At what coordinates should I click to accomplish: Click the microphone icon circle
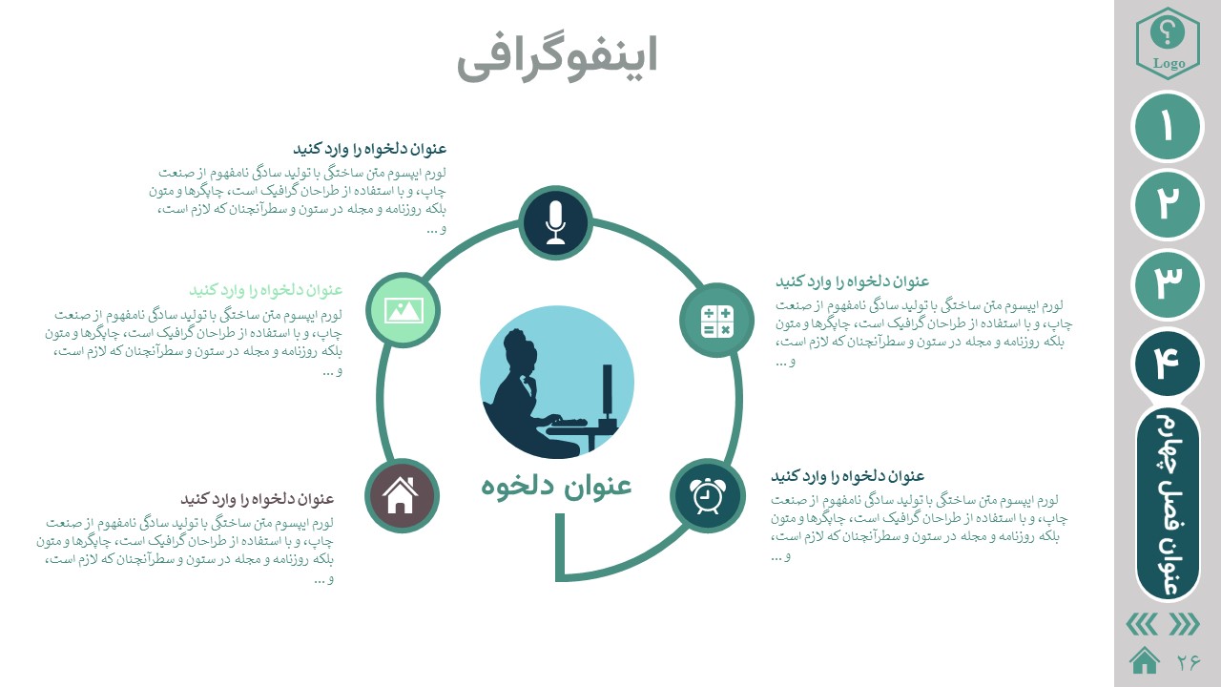click(x=555, y=223)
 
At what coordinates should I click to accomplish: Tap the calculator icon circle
click(x=716, y=321)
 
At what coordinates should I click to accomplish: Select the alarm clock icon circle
click(x=708, y=495)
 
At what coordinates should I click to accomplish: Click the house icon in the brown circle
click(x=400, y=495)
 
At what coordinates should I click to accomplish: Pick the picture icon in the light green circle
click(x=404, y=310)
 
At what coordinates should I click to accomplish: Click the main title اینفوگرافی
click(x=557, y=58)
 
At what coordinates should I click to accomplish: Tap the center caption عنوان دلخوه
click(x=556, y=485)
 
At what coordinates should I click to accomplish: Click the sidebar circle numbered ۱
click(x=1167, y=127)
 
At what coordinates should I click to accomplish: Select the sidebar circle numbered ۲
click(x=1167, y=204)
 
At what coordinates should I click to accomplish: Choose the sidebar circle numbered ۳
click(x=1167, y=284)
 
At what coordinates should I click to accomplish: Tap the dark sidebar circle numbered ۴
click(x=1167, y=364)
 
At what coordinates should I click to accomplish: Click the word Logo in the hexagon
click(x=1169, y=64)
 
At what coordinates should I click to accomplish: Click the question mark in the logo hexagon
click(x=1167, y=33)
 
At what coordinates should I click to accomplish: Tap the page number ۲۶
click(x=1189, y=662)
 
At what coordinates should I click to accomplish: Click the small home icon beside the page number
click(x=1145, y=661)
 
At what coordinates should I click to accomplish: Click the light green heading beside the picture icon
click(x=266, y=289)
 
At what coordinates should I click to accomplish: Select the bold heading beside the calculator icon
click(x=853, y=281)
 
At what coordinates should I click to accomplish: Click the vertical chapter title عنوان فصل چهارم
click(x=1168, y=504)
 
